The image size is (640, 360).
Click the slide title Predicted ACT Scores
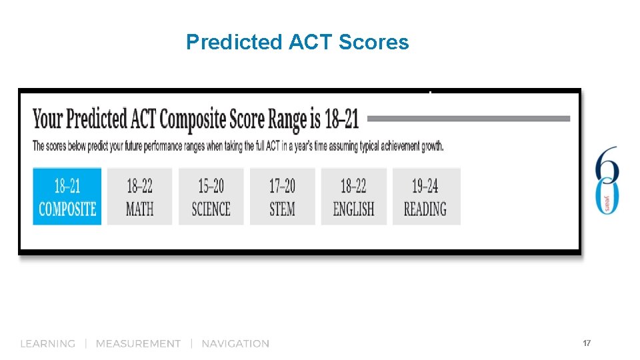click(297, 43)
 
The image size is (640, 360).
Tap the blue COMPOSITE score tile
click(67, 196)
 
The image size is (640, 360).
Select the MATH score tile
click(139, 196)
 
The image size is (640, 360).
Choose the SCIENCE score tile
click(211, 196)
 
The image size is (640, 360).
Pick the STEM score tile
click(282, 196)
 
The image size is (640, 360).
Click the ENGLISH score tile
click(353, 196)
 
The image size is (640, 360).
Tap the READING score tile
click(425, 196)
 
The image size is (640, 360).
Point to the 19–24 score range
click(425, 185)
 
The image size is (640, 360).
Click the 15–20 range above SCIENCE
click(211, 185)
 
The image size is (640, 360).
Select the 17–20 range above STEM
click(282, 185)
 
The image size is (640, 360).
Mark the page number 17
click(587, 343)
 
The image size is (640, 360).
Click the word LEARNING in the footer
click(48, 344)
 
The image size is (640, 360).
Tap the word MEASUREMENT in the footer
click(138, 344)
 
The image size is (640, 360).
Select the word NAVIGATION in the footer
click(235, 344)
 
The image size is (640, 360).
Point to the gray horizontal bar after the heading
click(469, 119)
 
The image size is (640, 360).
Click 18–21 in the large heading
click(342, 119)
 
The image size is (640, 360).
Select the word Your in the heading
click(47, 119)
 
